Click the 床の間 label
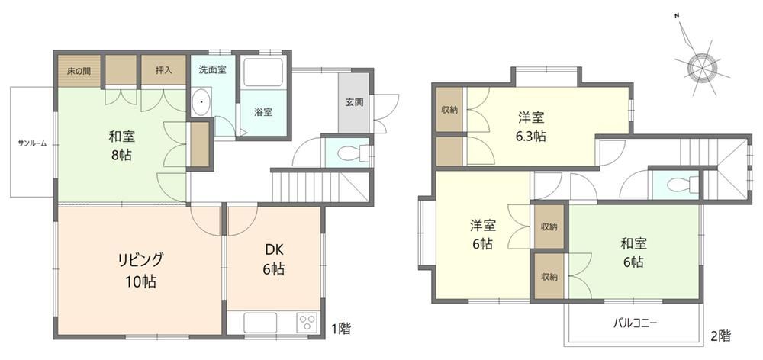tap(79, 70)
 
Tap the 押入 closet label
tap(163, 70)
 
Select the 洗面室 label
tap(212, 69)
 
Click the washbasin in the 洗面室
tap(201, 103)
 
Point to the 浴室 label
tap(263, 112)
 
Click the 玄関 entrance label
tap(355, 103)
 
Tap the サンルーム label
tap(32, 143)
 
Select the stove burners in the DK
tap(307, 323)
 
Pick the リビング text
tap(139, 260)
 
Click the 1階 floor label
tap(340, 329)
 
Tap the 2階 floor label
tap(721, 335)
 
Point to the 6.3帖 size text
tap(530, 137)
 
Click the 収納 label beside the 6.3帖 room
tap(449, 110)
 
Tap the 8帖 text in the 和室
tap(121, 156)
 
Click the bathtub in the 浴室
tap(262, 73)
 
